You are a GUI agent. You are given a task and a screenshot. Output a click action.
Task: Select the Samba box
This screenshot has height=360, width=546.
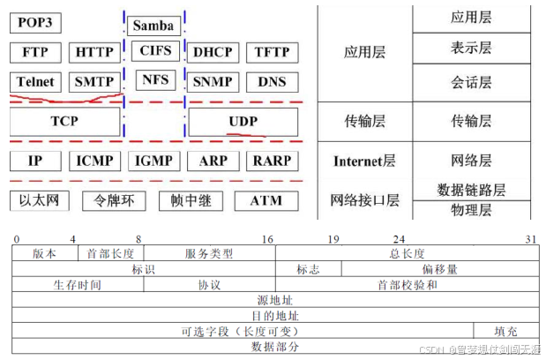pyautogui.click(x=153, y=26)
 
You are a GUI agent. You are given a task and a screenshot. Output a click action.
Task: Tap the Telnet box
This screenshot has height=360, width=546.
pyautogui.click(x=35, y=82)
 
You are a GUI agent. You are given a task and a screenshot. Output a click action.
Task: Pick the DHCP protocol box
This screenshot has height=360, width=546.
pyautogui.click(x=213, y=52)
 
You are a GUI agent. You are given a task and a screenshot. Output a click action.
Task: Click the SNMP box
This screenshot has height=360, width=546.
pyautogui.click(x=213, y=82)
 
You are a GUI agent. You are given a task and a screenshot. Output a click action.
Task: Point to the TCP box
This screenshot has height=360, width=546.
pyautogui.click(x=65, y=121)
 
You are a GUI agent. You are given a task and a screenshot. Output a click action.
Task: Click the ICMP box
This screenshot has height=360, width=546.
pyautogui.click(x=95, y=161)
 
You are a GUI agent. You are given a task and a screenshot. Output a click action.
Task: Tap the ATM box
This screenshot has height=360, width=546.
pyautogui.click(x=266, y=200)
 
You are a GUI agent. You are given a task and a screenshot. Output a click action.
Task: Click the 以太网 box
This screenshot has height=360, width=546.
pyautogui.click(x=40, y=200)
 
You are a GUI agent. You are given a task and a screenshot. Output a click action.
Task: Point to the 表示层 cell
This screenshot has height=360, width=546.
pyautogui.click(x=471, y=48)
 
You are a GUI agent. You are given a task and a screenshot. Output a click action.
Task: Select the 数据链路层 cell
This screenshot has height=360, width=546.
pyautogui.click(x=471, y=190)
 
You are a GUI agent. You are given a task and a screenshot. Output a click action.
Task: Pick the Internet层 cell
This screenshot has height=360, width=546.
pyautogui.click(x=364, y=161)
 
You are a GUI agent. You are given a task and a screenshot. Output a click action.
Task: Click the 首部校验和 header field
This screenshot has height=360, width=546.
pyautogui.click(x=407, y=285)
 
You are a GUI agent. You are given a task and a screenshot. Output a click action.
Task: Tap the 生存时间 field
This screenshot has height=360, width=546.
pyautogui.click(x=78, y=285)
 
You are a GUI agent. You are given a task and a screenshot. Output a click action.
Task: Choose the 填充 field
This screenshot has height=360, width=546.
pyautogui.click(x=505, y=331)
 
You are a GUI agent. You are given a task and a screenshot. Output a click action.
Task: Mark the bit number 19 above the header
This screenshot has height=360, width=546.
pyautogui.click(x=333, y=239)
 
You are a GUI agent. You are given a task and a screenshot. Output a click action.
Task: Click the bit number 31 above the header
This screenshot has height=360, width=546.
pyautogui.click(x=531, y=239)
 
